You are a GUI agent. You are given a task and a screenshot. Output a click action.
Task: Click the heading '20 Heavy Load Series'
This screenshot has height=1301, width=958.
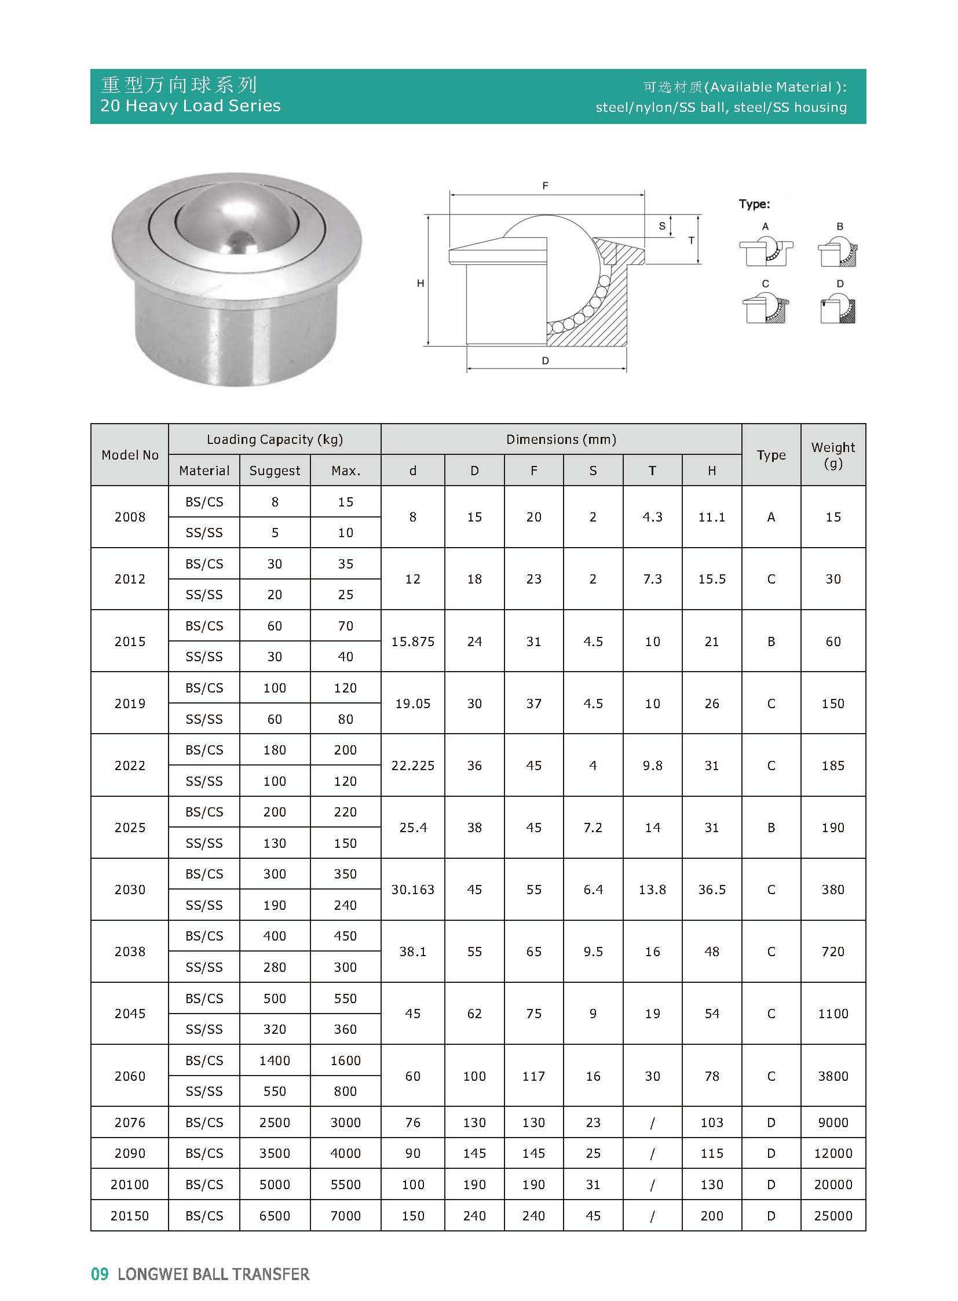(x=190, y=105)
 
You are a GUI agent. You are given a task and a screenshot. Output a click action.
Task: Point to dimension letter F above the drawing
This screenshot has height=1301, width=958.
(x=545, y=185)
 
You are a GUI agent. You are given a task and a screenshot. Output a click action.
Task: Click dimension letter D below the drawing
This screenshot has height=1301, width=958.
(x=545, y=361)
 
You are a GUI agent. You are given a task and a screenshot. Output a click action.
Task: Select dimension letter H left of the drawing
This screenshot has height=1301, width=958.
(x=421, y=283)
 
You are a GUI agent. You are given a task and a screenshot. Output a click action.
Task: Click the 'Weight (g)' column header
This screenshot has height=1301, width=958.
(x=833, y=455)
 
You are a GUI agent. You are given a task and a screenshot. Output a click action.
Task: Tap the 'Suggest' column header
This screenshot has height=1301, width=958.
(x=275, y=471)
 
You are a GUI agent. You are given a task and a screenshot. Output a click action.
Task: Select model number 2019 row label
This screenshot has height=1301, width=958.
(x=130, y=704)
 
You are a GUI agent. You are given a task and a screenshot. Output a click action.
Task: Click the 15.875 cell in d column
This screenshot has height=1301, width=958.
(x=413, y=641)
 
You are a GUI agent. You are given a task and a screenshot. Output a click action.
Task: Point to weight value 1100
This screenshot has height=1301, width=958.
(x=833, y=1013)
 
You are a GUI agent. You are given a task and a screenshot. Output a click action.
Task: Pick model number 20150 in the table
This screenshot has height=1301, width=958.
(x=130, y=1215)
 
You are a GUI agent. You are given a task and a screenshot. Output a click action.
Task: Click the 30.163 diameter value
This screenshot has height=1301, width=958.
(x=413, y=889)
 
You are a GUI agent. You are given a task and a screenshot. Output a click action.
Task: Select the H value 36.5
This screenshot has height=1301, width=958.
(x=711, y=889)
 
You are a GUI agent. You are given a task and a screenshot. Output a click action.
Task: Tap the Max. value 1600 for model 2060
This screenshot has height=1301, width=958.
(x=346, y=1060)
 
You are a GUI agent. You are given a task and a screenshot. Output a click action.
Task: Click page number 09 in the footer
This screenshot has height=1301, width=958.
(x=100, y=1274)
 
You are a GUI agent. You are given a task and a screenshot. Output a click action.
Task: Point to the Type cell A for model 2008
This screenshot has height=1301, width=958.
(x=771, y=517)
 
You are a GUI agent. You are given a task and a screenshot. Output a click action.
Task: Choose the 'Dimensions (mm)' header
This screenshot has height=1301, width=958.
(x=561, y=439)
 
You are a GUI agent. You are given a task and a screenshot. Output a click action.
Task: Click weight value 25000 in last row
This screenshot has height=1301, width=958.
(x=833, y=1215)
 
